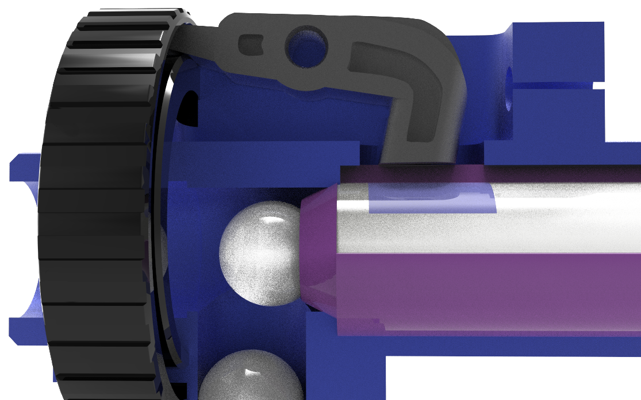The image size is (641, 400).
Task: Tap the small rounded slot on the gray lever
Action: coord(252,44)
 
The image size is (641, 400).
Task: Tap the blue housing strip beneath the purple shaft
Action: coord(489,344)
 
